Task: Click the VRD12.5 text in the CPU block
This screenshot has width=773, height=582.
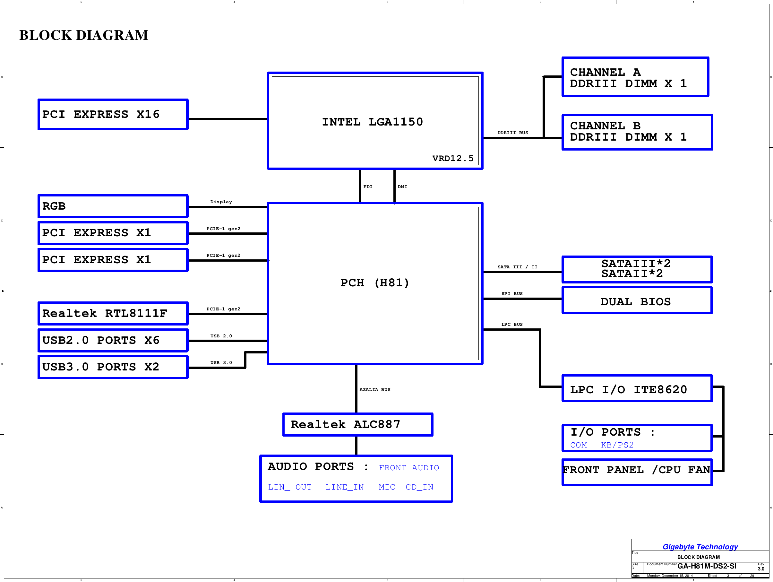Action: (452, 158)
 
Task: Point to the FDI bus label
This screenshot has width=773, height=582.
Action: (368, 187)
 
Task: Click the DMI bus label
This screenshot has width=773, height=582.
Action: (402, 187)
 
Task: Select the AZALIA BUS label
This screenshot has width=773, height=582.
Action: (375, 389)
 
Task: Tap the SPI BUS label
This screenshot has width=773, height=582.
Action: (512, 294)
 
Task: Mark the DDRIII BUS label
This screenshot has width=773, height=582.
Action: (513, 133)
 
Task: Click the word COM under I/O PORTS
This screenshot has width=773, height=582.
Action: (578, 445)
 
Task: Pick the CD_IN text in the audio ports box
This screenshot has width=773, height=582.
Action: (419, 487)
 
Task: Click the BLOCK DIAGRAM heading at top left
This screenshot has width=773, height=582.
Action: (83, 35)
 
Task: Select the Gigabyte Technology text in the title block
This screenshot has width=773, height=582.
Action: (700, 547)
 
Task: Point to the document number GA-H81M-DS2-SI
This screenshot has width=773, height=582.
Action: (707, 566)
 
